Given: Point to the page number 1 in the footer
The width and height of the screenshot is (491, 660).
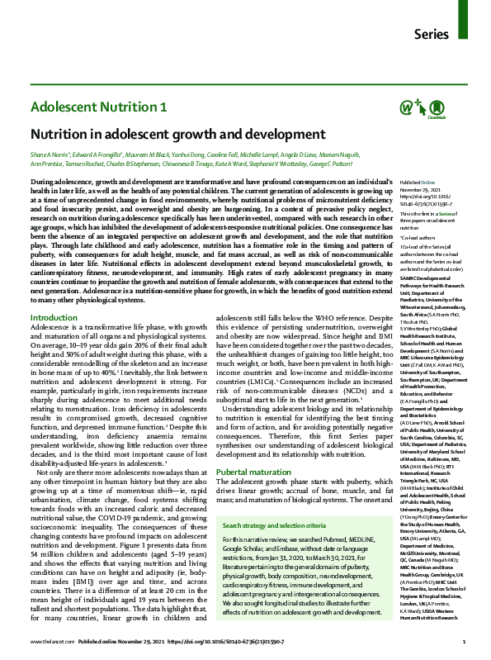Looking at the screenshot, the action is tap(465, 640).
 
